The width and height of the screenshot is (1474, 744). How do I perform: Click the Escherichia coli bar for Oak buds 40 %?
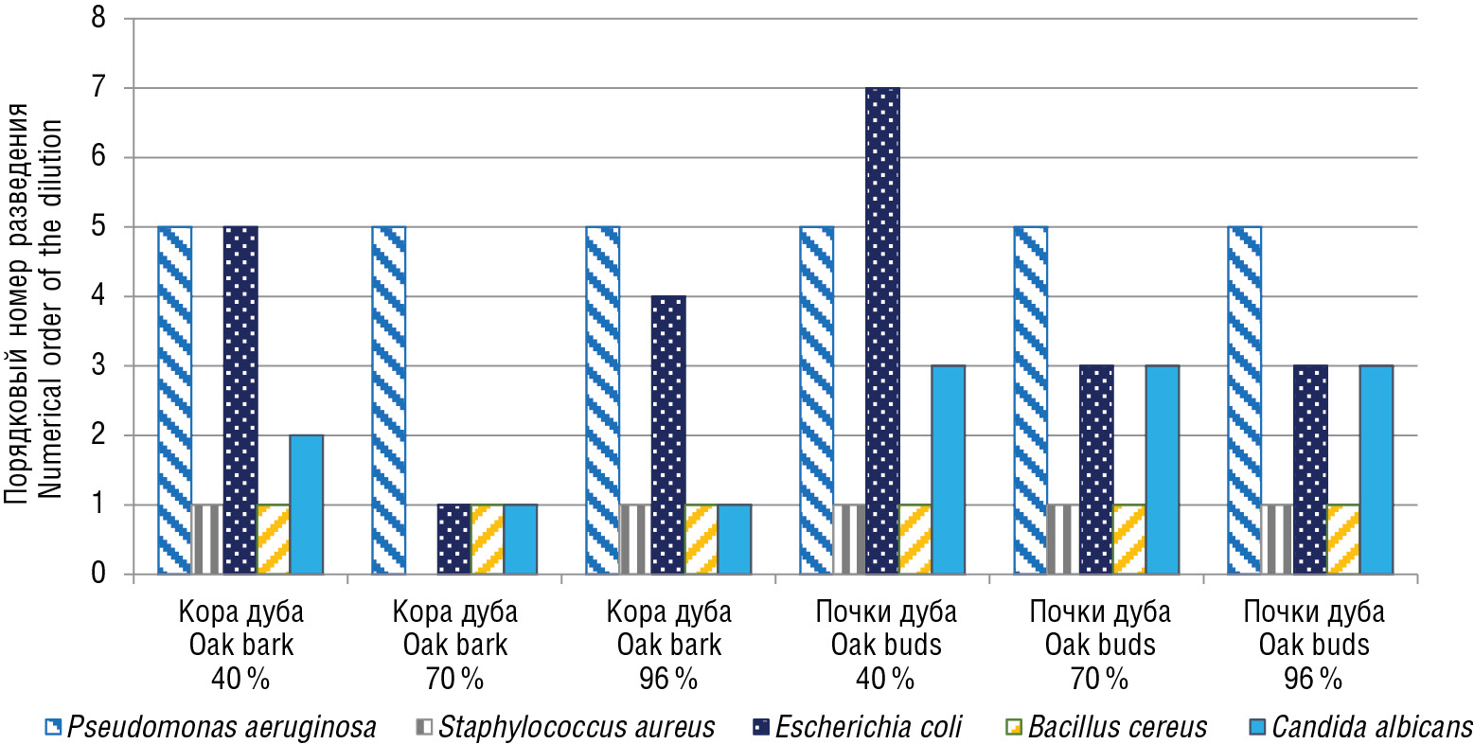tap(882, 330)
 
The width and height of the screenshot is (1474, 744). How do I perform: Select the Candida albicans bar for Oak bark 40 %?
tap(306, 505)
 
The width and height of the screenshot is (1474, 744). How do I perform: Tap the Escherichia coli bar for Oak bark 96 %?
tap(668, 434)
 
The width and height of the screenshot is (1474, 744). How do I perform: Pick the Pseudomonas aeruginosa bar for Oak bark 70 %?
tap(388, 400)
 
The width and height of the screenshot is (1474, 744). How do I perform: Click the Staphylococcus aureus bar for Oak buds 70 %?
tap(1063, 540)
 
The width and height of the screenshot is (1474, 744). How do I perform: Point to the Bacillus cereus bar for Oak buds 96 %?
tap(1342, 540)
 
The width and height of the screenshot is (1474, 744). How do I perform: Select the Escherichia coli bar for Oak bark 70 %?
tap(453, 540)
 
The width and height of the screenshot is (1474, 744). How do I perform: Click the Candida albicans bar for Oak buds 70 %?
tap(1162, 469)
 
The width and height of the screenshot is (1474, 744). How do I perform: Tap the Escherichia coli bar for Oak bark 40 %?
tap(240, 400)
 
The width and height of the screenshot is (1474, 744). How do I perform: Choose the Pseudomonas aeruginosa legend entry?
tap(210, 727)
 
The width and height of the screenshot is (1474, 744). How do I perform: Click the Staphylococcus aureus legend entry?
tap(565, 727)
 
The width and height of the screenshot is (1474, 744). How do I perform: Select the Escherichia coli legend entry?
tap(856, 727)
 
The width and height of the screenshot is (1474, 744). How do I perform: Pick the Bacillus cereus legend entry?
tap(1105, 727)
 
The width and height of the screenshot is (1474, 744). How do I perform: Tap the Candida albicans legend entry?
tap(1359, 727)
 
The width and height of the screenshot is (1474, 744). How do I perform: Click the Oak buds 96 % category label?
tap(1314, 645)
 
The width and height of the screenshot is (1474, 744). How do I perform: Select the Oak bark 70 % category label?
tap(455, 645)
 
